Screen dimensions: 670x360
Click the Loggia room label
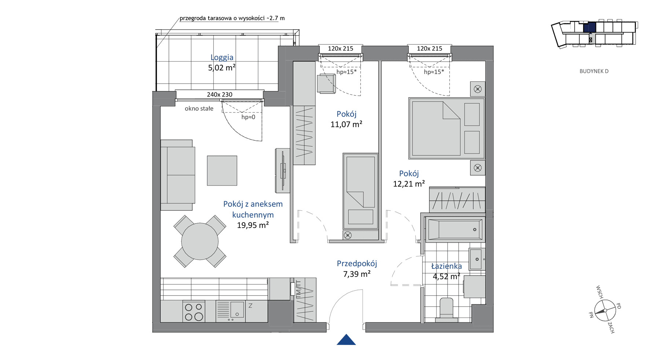[222, 57]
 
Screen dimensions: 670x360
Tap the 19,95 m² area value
[253, 225]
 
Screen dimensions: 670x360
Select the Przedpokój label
[357, 263]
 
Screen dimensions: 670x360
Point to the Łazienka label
[446, 266]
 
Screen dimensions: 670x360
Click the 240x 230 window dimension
[220, 95]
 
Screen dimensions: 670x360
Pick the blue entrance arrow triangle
[346, 339]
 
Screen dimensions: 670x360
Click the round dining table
[200, 241]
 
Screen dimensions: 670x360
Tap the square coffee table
[222, 170]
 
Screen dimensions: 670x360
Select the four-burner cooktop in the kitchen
[194, 312]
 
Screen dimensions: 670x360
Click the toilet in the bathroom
[446, 309]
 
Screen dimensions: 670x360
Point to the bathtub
[455, 229]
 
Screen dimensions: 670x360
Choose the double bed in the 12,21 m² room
[447, 128]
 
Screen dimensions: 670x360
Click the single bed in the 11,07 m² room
[361, 191]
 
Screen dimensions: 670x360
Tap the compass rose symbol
[605, 311]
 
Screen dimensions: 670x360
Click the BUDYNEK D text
[594, 71]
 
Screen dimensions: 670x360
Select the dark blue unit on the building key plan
[589, 27]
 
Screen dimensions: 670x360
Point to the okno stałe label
[199, 109]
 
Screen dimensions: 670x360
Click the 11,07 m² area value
[346, 124]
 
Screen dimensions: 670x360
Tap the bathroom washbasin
[477, 259]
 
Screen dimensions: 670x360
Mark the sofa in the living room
[178, 175]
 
